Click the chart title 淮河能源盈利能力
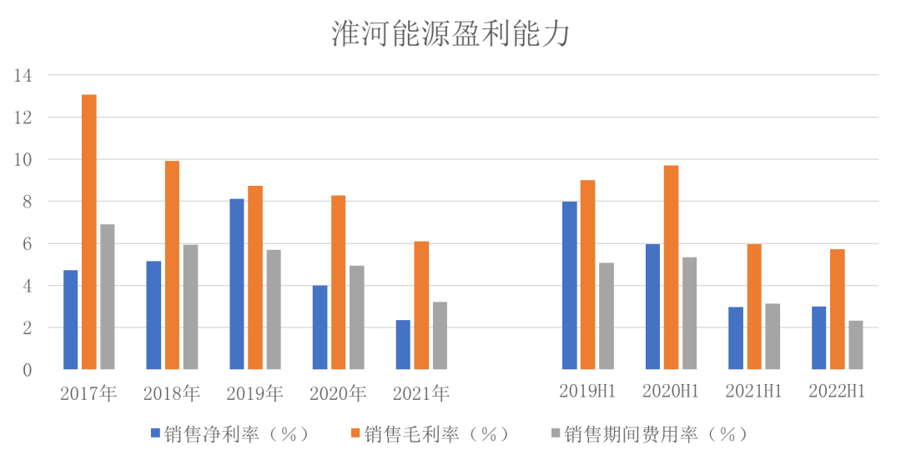pyautogui.click(x=450, y=34)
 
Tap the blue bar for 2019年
pyautogui.click(x=237, y=284)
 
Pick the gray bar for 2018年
pyautogui.click(x=190, y=307)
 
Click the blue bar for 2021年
pyautogui.click(x=403, y=344)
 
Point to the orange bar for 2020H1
pyautogui.click(x=672, y=267)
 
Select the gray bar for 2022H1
pyautogui.click(x=856, y=345)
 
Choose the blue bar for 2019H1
pyautogui.click(x=570, y=285)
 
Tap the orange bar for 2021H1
pyautogui.click(x=754, y=307)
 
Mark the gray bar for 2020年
pyautogui.click(x=357, y=317)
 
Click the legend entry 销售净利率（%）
pyautogui.click(x=229, y=434)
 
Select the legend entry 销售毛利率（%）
pyautogui.click(x=430, y=434)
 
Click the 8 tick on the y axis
pyautogui.click(x=27, y=202)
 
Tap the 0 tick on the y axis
pyautogui.click(x=27, y=370)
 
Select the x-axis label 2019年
pyautogui.click(x=255, y=393)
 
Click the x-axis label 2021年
pyautogui.click(x=421, y=393)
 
